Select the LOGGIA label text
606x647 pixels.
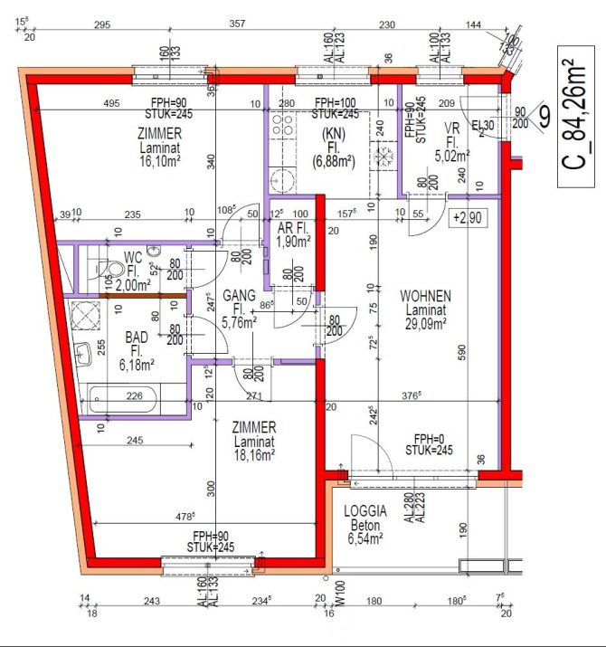[x=365, y=510]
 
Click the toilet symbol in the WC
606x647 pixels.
[x=107, y=266]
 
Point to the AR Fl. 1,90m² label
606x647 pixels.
[x=295, y=235]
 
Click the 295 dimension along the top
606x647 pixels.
[x=101, y=24]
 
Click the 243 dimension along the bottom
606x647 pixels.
[x=151, y=602]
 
